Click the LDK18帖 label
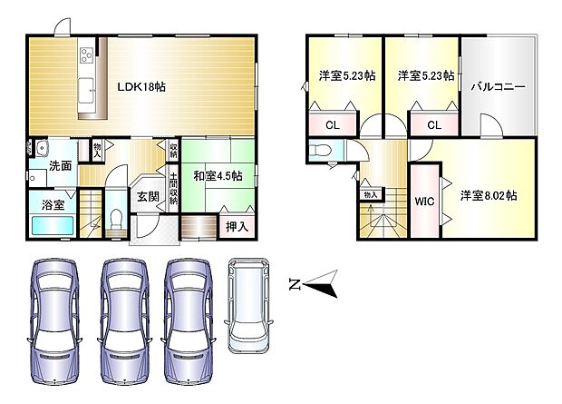pos(140,87)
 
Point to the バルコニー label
pos(498,87)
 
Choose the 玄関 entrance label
pos(148,195)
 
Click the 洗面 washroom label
pos(61,165)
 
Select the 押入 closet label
pos(236,223)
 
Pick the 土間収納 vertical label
pos(173,188)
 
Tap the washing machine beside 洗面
pos(40,149)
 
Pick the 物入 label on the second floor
pos(369,194)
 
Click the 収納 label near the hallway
pos(173,149)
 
